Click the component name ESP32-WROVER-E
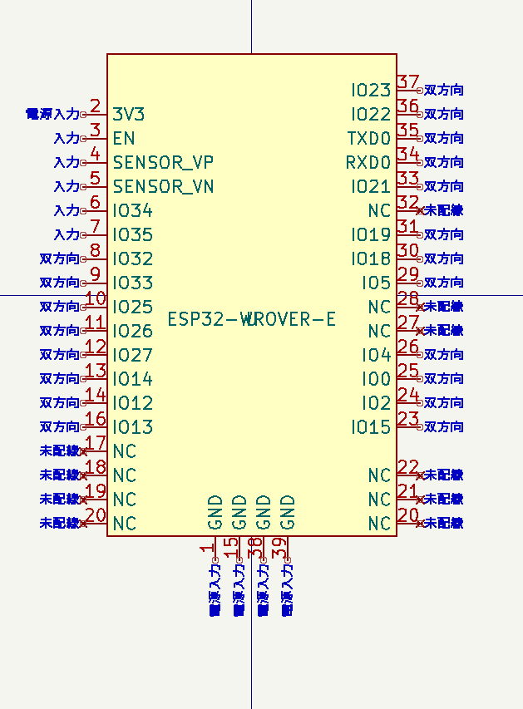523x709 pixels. tap(252, 319)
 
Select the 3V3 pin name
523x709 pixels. tap(129, 114)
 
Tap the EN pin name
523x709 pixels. tap(124, 138)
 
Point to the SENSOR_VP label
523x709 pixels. tap(163, 162)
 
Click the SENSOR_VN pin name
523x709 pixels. tap(163, 186)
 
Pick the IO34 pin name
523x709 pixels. tap(133, 210)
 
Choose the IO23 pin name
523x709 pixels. tap(370, 90)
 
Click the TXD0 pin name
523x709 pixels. tap(368, 138)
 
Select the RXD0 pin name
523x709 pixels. tap(368, 162)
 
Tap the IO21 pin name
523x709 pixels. tap(370, 186)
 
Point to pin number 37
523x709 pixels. tap(408, 81)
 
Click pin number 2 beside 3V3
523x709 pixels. tap(95, 106)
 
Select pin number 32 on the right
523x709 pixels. tap(408, 202)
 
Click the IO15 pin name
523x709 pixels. tap(370, 427)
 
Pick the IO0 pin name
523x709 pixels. tap(376, 379)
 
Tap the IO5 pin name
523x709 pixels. tap(376, 283)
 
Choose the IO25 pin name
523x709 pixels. tap(133, 307)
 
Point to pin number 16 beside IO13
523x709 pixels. tap(96, 419)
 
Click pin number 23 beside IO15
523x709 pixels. tap(408, 419)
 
